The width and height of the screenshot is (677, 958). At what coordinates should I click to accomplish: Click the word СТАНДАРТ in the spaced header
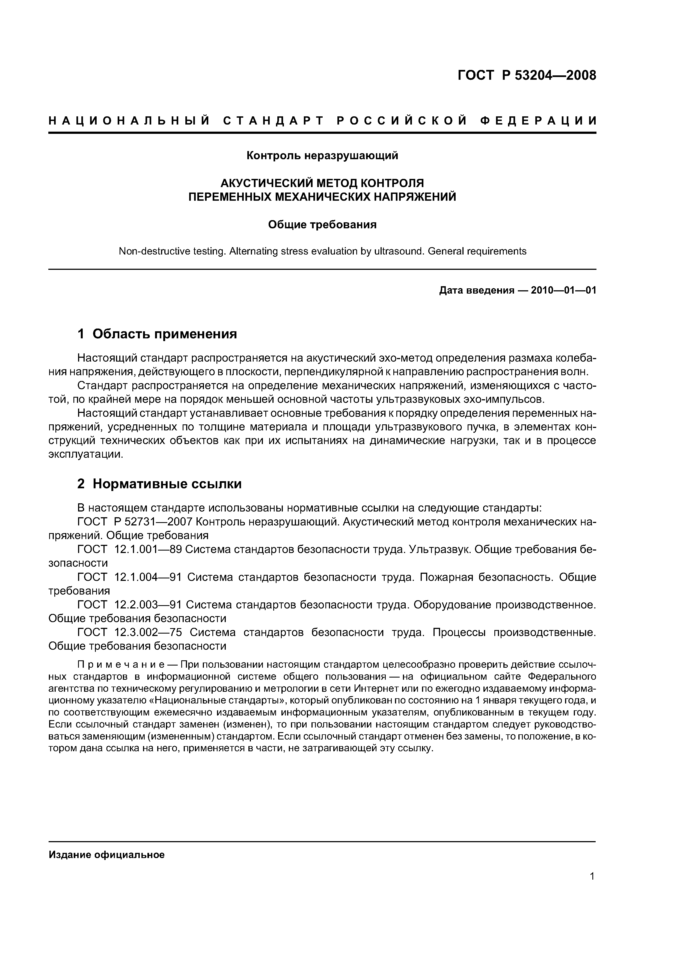[274, 121]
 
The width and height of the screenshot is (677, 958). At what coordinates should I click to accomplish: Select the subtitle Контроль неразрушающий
[322, 156]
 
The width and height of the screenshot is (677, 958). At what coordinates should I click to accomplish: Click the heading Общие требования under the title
[322, 225]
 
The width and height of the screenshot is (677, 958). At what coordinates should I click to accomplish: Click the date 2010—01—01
[563, 290]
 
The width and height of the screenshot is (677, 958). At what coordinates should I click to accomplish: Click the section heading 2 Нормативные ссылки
[159, 484]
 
